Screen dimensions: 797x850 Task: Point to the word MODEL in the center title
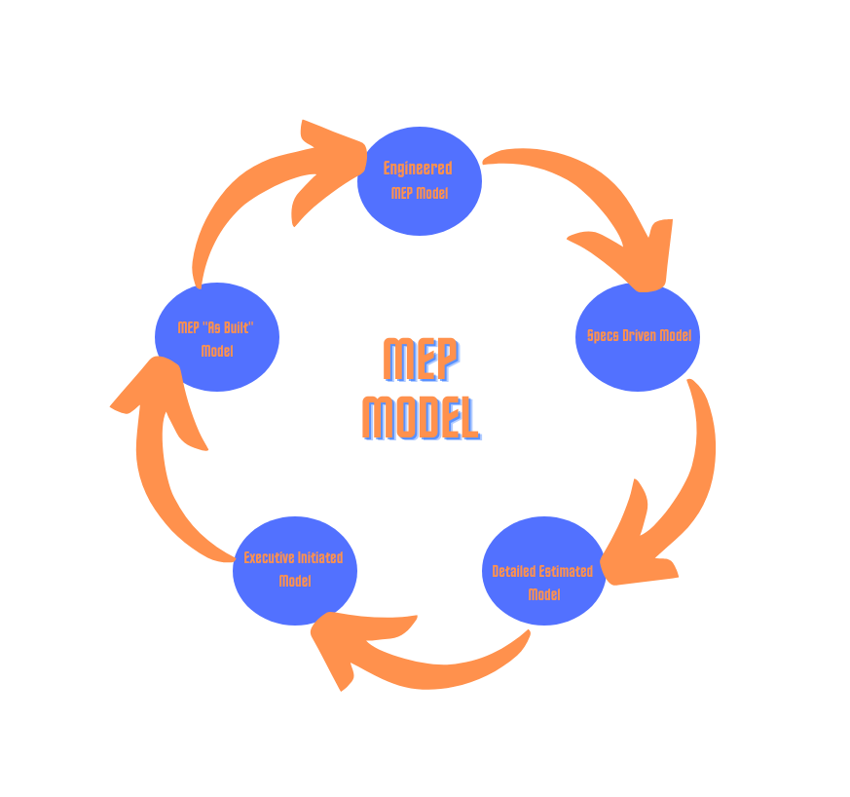[x=421, y=417]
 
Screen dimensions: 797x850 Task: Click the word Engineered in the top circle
[x=417, y=169]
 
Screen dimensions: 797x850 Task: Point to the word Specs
[x=604, y=336]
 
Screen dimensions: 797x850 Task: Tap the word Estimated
[x=566, y=571]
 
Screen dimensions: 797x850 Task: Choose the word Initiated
[x=318, y=558]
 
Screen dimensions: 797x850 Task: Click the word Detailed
[x=514, y=571]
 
